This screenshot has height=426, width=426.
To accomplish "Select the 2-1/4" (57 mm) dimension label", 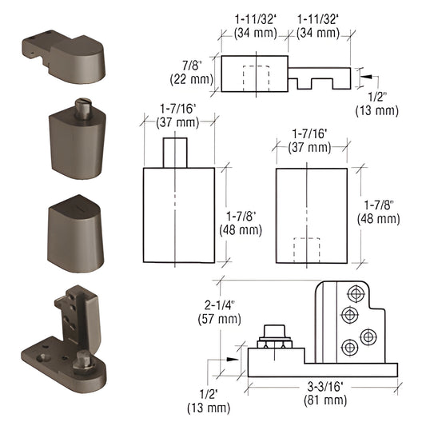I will (x=220, y=312).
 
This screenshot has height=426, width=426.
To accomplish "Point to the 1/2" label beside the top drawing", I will (x=382, y=102).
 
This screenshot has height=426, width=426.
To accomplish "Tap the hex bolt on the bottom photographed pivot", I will (x=83, y=364).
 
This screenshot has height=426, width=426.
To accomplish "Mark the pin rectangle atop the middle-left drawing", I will (x=176, y=152).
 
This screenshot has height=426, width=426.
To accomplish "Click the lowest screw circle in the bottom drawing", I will (x=348, y=347).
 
